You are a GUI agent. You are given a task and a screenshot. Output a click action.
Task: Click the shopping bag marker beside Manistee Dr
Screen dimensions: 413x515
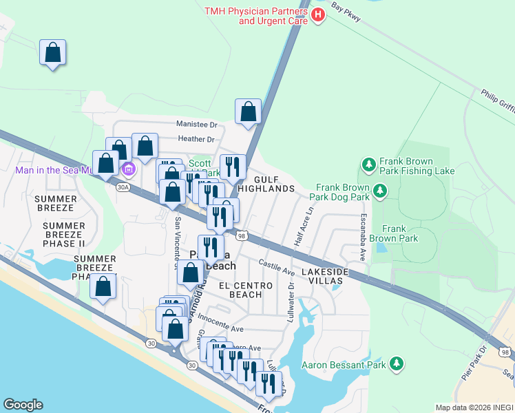pos(248,112)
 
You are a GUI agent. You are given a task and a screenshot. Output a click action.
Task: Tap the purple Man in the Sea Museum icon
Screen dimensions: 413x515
pos(127,169)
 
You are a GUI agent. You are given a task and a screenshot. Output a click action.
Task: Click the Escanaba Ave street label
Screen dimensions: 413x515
pos(361,235)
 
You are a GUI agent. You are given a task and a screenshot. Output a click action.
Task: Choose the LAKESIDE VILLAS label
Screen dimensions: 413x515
pos(325,277)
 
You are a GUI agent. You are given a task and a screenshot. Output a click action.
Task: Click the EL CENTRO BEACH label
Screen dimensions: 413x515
pos(240,290)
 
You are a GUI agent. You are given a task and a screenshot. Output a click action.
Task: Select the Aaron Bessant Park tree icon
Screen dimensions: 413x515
pos(396,363)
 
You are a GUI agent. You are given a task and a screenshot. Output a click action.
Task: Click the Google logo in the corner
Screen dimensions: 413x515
pos(23,405)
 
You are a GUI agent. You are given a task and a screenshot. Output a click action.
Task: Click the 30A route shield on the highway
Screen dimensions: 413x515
pos(123,187)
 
